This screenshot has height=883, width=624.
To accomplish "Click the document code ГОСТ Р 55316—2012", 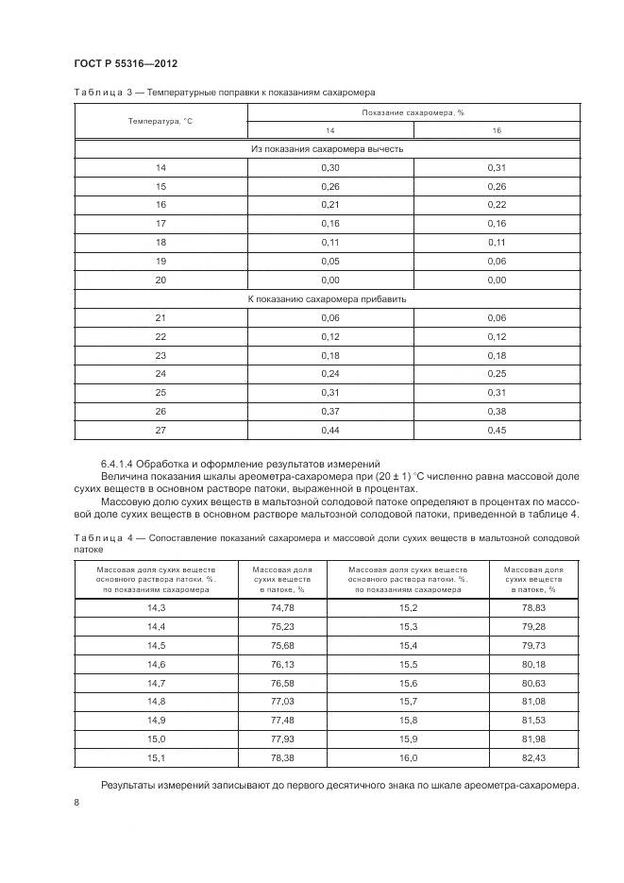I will [x=125, y=63].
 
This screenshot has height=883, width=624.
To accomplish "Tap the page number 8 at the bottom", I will [x=76, y=803].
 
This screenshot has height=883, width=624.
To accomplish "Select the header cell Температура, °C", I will [x=160, y=121].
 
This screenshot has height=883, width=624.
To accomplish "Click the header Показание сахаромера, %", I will [x=413, y=112].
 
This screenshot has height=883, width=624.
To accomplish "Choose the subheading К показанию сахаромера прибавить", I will [x=328, y=298].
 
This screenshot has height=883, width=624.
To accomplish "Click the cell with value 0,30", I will [x=329, y=167].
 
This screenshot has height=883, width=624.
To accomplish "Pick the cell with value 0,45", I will [x=497, y=430].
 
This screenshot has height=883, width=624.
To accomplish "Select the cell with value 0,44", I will [x=329, y=430].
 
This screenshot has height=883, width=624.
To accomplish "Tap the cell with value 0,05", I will [x=329, y=261].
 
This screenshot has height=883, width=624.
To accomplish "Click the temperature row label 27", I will [x=160, y=430].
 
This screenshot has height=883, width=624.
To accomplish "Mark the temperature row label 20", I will [x=160, y=280].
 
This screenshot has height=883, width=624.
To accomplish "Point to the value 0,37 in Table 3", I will [x=329, y=411].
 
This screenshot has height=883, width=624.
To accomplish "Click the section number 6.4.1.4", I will [x=123, y=463].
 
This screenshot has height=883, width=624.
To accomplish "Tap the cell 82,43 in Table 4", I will [x=533, y=758].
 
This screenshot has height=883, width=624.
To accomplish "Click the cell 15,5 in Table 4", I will [x=408, y=665].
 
